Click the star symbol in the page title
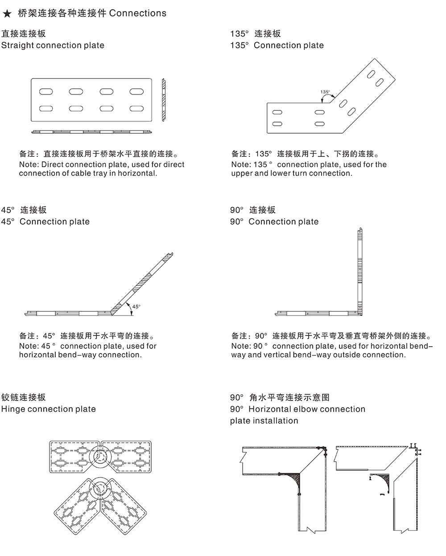pos(7,14)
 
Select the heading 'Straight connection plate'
pos(53,45)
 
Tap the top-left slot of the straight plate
pos(46,92)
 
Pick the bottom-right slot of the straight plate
pos(136,108)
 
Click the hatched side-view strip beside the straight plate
pos(164,100)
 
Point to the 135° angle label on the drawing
pos(325,92)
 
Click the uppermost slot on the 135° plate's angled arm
pos(372,74)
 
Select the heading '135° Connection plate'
pos(277,45)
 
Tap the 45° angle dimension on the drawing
pos(136,306)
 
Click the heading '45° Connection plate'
pos(45,222)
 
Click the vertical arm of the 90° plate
pos(359,270)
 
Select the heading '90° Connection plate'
pos(274,222)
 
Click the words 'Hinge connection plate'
pos(48,409)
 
